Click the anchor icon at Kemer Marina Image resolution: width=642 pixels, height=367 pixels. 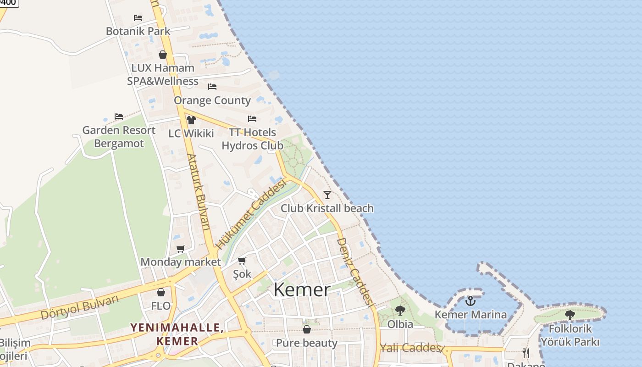click(x=470, y=301)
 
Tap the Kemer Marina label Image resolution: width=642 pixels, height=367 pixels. click(x=470, y=315)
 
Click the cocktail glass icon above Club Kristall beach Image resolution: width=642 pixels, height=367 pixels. click(x=327, y=195)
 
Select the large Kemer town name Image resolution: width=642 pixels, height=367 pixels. click(x=302, y=290)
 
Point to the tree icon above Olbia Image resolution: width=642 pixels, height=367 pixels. click(x=400, y=311)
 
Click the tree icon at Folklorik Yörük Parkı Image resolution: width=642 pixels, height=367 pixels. click(x=570, y=315)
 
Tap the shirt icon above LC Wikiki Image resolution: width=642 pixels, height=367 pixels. click(x=191, y=120)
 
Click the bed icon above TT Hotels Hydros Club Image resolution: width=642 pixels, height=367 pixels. click(x=252, y=119)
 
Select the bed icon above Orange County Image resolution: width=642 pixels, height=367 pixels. click(x=212, y=86)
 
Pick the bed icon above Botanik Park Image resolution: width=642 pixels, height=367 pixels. click(x=138, y=18)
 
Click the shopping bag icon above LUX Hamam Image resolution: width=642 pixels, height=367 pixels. click(x=163, y=55)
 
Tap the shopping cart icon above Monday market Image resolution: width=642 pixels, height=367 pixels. click(x=181, y=249)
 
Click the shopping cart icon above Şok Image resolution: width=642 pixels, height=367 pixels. click(x=242, y=261)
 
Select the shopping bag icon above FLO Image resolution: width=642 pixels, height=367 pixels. click(x=161, y=292)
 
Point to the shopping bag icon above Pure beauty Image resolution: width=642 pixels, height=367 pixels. click(x=307, y=329)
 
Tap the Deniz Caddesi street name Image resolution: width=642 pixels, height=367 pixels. click(x=354, y=271)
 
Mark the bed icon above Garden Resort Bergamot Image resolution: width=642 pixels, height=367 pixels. click(x=119, y=117)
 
